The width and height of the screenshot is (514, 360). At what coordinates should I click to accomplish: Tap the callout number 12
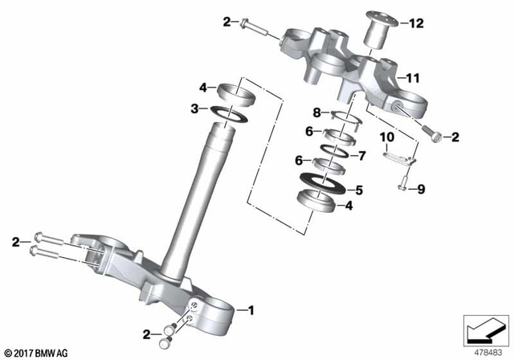tap(416, 23)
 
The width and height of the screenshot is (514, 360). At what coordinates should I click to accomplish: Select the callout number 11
tap(413, 78)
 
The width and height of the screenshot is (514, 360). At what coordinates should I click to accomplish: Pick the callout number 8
tap(316, 112)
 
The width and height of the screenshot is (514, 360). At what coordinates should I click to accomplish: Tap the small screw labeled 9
tap(401, 188)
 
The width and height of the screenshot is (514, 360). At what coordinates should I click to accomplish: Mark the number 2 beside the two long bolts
tap(16, 239)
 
